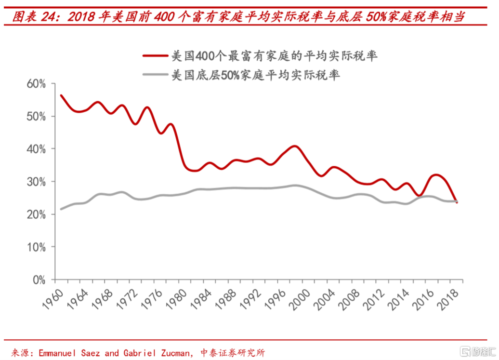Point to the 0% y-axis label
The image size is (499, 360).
coord(39,280)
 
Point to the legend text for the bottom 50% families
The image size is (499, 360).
coord(256,75)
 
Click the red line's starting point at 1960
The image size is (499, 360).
coord(61,95)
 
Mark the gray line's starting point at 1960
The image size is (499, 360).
coord(61,209)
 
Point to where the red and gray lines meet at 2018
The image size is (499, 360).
coord(456,201)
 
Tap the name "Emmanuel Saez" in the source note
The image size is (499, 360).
coord(68,353)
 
